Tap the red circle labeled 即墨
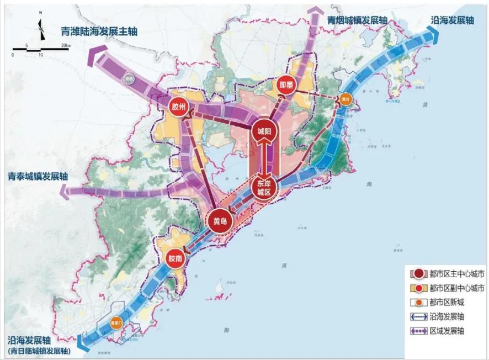coord(286,84)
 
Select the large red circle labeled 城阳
coord(265,131)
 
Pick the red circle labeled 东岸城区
coord(264,187)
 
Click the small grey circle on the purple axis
coord(130,78)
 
